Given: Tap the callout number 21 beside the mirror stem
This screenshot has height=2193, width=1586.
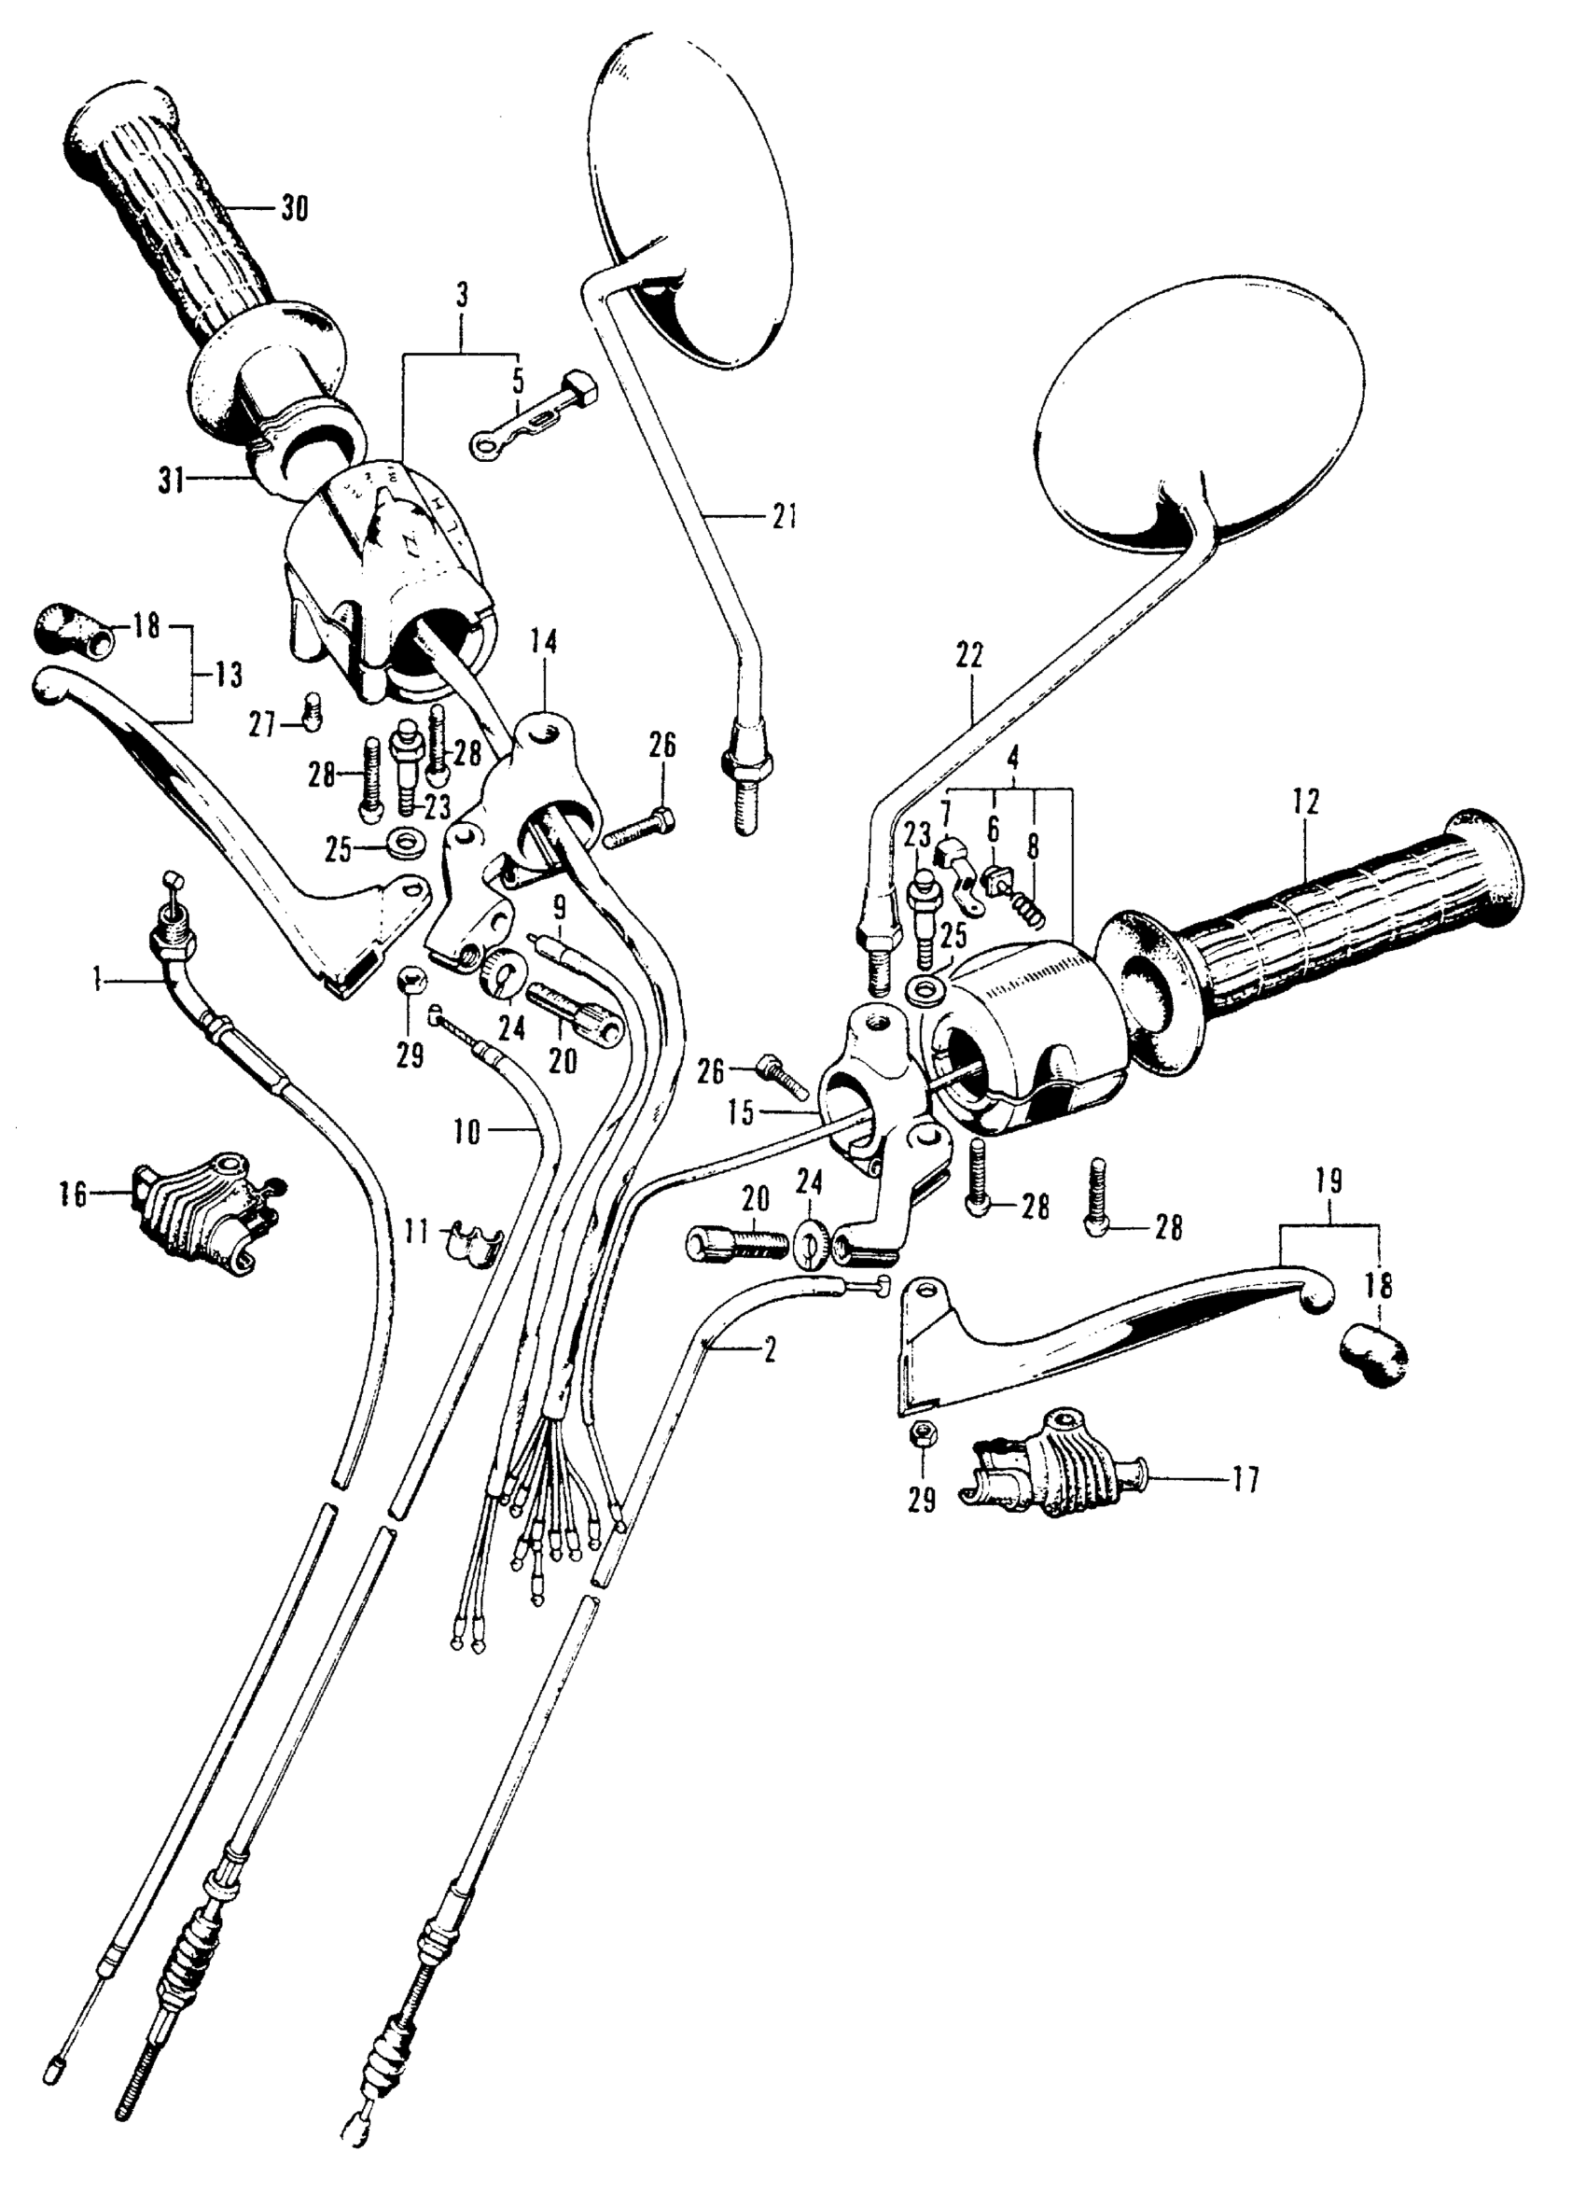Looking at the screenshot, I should (785, 517).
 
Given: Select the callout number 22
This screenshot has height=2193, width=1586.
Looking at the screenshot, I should (969, 656).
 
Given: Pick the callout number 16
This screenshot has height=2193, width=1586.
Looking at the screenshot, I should (74, 1194).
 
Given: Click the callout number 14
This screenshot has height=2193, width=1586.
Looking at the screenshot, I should (544, 641).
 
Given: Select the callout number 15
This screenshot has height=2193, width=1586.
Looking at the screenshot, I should (741, 1113).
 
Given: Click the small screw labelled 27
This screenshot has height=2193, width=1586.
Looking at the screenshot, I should (312, 714).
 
